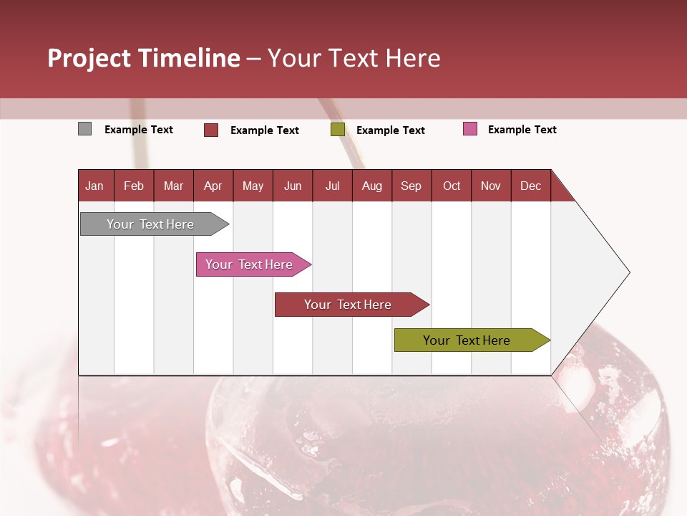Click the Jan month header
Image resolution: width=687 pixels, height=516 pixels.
click(95, 186)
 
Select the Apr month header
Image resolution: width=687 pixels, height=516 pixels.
click(213, 186)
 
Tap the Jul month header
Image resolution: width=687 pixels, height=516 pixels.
click(332, 186)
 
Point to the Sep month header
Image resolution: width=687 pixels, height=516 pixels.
click(411, 186)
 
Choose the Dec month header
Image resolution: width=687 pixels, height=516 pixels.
click(530, 186)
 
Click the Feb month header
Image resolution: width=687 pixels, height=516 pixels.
click(134, 186)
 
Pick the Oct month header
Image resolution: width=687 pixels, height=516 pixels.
click(452, 186)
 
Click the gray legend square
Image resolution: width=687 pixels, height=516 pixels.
click(85, 129)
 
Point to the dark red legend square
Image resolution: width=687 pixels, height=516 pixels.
click(211, 130)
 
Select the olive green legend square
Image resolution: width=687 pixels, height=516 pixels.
click(338, 130)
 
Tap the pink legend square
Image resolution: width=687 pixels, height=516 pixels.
click(470, 129)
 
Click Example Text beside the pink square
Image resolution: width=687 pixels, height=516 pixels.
click(522, 130)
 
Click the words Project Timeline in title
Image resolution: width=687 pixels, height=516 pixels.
click(144, 58)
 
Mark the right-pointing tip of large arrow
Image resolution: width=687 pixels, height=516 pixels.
click(628, 272)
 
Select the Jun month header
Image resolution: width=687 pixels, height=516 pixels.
click(293, 186)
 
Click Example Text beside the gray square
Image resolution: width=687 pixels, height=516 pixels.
click(139, 130)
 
